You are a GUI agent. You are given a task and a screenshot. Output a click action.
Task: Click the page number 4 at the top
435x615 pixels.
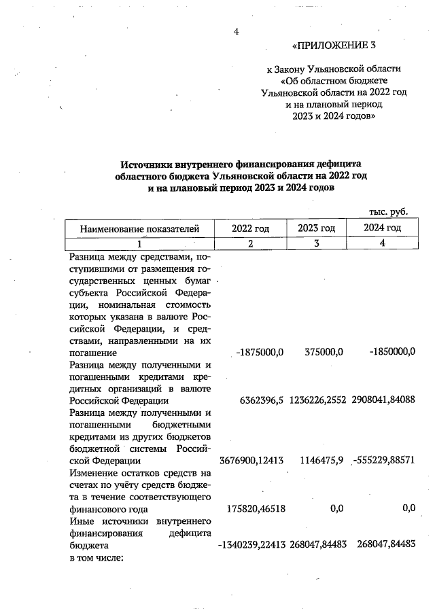point(237,31)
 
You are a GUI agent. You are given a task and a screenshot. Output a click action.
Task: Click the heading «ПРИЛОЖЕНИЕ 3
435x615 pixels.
point(333,46)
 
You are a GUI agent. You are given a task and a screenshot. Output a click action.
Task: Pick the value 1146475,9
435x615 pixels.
point(319,461)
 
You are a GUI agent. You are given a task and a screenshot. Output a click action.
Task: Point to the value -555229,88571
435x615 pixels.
point(383,461)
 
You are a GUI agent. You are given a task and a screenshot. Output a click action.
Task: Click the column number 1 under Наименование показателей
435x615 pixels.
point(139,244)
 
